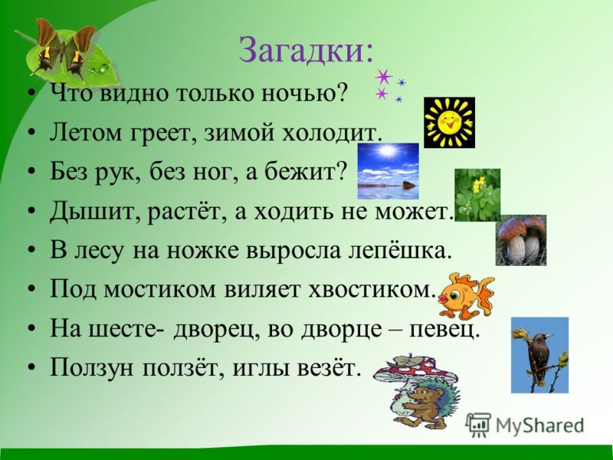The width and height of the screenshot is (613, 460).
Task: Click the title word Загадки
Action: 306,51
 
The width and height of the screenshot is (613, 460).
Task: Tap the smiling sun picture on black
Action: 449,123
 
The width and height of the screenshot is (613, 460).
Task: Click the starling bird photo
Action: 539,355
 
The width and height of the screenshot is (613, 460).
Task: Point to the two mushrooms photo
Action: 521,240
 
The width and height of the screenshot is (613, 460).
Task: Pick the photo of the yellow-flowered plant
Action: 477,195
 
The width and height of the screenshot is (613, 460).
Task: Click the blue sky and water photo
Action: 388,170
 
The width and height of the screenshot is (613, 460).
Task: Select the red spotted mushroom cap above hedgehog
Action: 415,370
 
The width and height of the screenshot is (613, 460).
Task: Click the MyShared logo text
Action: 539,426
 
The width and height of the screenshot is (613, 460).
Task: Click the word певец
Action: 444,330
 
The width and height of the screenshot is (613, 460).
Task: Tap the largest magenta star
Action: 384,77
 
